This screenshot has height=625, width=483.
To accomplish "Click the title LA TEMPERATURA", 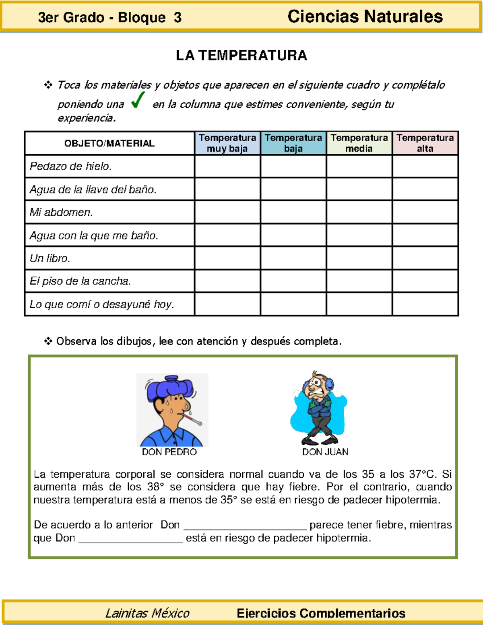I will pos(241,56).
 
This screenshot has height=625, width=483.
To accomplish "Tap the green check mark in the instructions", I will pos(138,100).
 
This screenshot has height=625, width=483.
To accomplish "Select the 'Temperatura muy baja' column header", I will pos(227,143).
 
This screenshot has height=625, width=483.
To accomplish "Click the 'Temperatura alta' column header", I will pos(425,143).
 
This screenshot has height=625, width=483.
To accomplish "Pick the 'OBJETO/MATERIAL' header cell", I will pos(109,143).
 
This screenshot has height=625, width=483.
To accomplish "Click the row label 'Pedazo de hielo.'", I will pos(71,166).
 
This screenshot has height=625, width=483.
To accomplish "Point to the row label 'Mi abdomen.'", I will pos(61,212).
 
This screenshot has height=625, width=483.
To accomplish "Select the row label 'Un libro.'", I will pos(50,258).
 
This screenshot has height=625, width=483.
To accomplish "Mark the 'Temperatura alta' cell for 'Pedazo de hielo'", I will pos(425,166).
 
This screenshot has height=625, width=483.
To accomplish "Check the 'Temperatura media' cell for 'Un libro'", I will pos(359,258).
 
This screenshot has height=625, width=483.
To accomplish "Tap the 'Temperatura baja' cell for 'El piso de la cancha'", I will pos(293,281).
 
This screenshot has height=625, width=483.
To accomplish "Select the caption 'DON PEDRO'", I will pos(169,452).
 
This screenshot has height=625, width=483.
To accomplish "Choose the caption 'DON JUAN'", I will pos(325,452).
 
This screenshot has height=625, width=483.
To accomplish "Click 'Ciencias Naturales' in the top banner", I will pos(365,17).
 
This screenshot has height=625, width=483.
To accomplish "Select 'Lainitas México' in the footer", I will pos(147,613).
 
